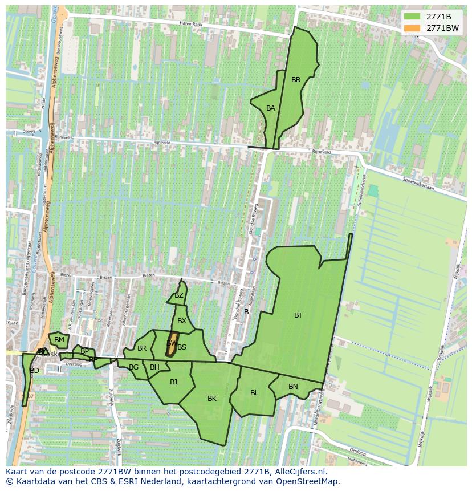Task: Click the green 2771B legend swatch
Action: tap(412, 17)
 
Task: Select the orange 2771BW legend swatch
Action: tap(412, 28)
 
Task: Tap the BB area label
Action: tap(296, 80)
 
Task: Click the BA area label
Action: tap(271, 108)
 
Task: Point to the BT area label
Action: tap(298, 315)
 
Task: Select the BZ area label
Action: tap(179, 295)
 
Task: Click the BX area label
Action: tap(182, 321)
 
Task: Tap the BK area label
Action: tap(212, 399)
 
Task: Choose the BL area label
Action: tap(254, 393)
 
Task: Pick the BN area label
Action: tap(293, 387)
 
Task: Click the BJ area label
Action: tap(173, 382)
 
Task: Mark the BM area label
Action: tap(59, 340)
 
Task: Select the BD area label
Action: tap(35, 371)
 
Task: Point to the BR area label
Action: tap(142, 348)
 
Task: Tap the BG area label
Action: tap(133, 367)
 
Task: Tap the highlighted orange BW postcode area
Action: tap(170, 343)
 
